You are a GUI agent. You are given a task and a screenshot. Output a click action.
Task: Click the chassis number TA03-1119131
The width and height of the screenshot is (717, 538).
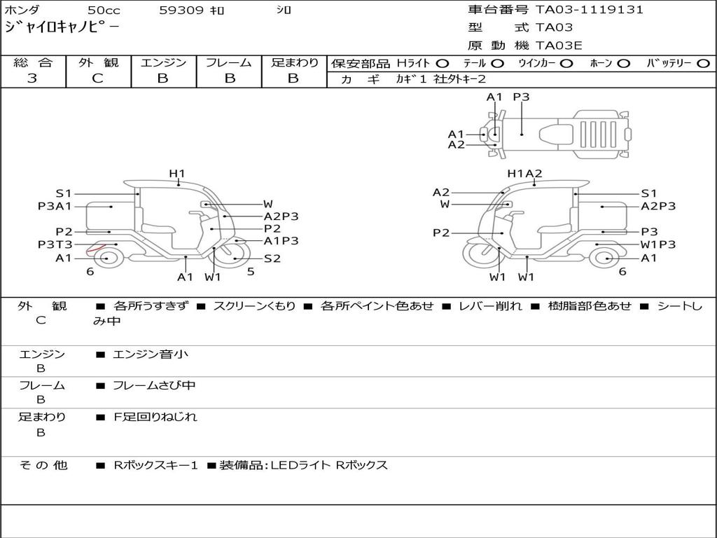[590, 10]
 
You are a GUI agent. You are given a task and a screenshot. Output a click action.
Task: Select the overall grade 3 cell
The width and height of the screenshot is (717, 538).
[32, 78]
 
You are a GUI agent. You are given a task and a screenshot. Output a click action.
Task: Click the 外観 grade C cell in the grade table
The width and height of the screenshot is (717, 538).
[98, 78]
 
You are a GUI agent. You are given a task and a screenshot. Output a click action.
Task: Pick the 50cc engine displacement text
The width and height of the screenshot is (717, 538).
[103, 11]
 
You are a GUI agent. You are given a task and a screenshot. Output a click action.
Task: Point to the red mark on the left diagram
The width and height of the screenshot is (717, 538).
[94, 249]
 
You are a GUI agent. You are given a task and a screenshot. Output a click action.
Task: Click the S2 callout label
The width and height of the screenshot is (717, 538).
[272, 258]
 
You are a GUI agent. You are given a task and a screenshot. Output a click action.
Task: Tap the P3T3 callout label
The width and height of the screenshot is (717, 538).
[55, 244]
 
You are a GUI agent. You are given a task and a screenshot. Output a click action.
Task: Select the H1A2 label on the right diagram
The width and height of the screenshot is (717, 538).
[525, 174]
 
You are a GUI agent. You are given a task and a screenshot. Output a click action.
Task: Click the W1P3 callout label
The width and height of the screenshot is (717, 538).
[658, 244]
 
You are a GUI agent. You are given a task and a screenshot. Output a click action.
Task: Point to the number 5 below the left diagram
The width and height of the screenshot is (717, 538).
[251, 272]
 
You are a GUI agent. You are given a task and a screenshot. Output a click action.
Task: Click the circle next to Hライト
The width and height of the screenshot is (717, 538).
[443, 64]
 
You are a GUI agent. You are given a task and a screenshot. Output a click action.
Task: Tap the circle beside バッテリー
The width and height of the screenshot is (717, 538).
[703, 64]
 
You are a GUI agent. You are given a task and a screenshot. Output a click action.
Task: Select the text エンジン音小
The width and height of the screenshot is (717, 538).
[151, 354]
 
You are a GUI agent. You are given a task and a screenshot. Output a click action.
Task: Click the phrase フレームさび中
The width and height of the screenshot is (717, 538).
[154, 385]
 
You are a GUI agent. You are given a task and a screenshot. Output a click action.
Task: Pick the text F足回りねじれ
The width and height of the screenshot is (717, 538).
[155, 417]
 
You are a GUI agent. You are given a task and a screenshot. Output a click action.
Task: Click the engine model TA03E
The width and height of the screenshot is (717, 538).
[559, 46]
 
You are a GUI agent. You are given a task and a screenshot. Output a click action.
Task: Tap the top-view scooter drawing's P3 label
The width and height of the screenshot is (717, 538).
[521, 97]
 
